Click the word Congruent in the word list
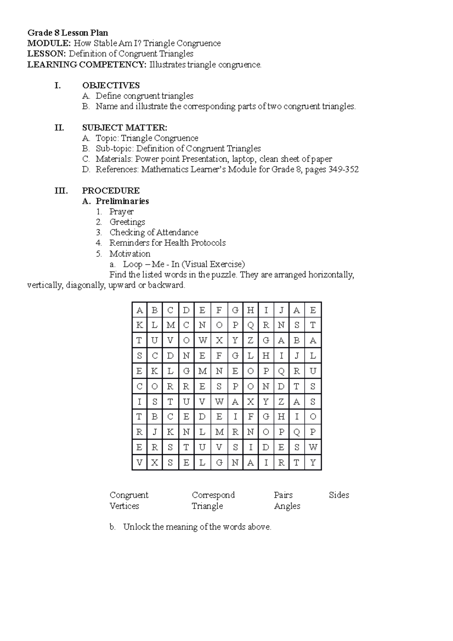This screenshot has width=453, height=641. click(129, 495)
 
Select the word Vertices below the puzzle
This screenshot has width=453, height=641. click(124, 506)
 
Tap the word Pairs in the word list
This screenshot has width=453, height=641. click(283, 495)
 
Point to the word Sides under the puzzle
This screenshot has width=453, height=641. click(339, 495)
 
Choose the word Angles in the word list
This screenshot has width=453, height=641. click(287, 506)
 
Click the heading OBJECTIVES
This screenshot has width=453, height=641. click(111, 85)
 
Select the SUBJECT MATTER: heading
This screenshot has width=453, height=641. click(125, 128)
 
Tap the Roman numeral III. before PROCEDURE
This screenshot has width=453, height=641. click(61, 191)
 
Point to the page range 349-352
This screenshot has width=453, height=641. click(344, 169)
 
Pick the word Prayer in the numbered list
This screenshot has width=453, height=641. click(121, 212)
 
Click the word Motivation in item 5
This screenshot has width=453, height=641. click(130, 254)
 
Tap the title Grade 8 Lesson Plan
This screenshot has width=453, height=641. click(68, 33)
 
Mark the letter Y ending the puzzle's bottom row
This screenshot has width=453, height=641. click(313, 463)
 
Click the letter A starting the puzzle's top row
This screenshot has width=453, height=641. click(140, 311)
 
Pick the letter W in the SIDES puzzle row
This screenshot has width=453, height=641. click(313, 448)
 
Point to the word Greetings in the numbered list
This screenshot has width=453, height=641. click(127, 222)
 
